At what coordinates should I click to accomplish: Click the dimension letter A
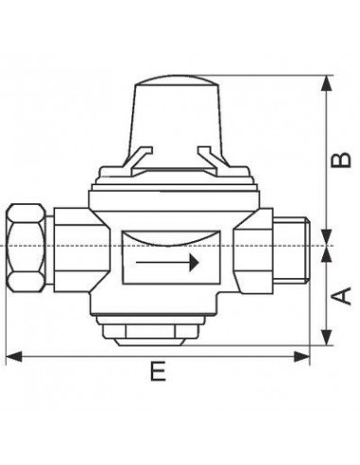point(341,296)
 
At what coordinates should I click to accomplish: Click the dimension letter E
point(158,371)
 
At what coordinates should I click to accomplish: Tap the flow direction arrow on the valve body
point(167,262)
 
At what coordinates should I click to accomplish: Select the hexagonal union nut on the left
point(26,248)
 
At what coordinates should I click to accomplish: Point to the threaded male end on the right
point(291,251)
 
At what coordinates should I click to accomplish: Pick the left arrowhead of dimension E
point(14,356)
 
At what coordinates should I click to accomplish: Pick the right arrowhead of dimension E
point(301,356)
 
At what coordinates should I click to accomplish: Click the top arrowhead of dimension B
point(327,84)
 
